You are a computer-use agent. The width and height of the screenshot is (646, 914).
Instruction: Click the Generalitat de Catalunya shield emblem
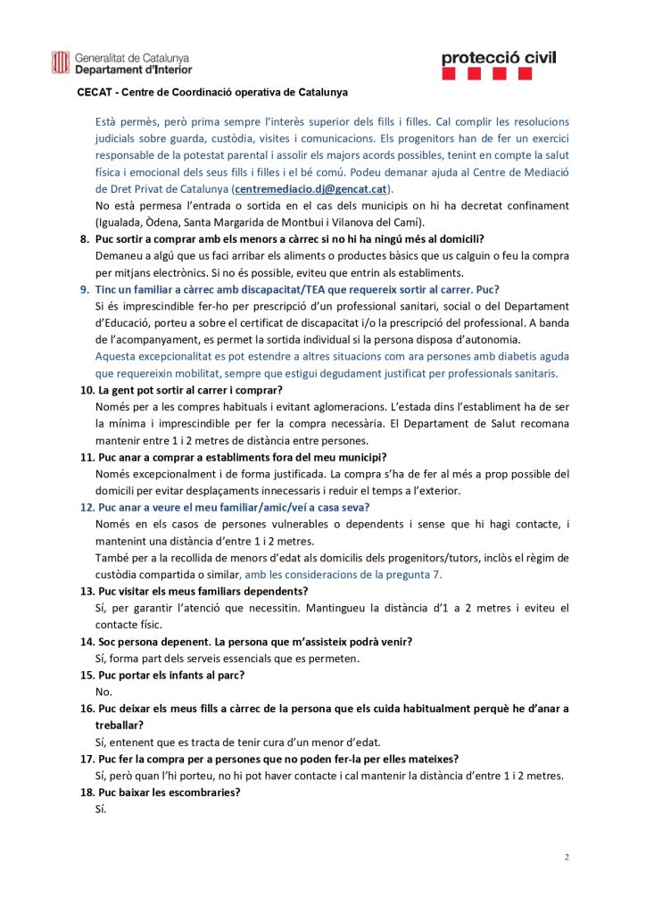point(61,62)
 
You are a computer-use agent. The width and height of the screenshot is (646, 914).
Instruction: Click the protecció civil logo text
point(498,58)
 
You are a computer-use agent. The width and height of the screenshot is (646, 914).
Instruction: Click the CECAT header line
point(212,92)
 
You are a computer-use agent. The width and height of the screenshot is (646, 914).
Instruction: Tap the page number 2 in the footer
point(566,857)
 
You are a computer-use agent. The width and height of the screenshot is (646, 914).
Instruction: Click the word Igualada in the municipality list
point(120,222)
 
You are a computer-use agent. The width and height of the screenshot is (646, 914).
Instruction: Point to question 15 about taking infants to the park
point(170,675)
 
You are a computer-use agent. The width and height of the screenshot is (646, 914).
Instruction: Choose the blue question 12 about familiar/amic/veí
point(230,507)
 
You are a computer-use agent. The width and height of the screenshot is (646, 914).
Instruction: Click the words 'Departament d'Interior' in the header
point(133,69)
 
